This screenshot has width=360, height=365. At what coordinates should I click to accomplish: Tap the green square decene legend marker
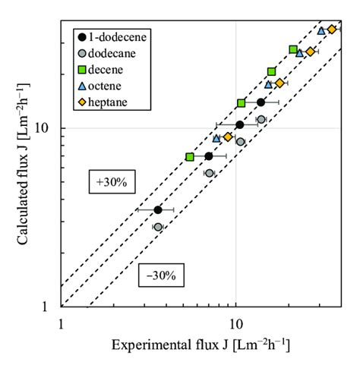81,70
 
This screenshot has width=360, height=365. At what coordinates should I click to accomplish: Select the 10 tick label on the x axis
235,323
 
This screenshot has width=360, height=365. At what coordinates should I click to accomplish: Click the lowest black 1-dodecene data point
158,209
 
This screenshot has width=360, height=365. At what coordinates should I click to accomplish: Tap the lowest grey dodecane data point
158,227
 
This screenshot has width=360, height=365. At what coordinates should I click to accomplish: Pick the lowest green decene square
190,156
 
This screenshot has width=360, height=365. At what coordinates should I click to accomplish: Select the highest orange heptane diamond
332,29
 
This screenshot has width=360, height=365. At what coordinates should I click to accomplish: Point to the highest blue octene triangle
321,31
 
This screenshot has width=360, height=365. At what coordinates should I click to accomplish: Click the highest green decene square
293,49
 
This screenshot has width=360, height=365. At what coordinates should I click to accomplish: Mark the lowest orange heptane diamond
228,137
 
